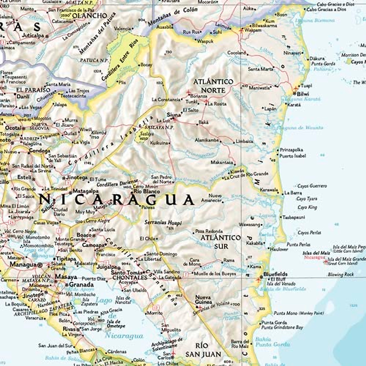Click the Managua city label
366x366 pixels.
pyautogui.click(x=23, y=265)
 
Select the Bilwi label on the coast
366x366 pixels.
pyautogui.click(x=303, y=94)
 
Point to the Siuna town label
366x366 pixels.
pyautogui.click(x=174, y=115)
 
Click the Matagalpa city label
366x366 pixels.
pyautogui.click(x=85, y=191)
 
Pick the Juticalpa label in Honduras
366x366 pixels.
pyautogui.click(x=34, y=35)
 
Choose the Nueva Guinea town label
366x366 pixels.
pyautogui.click(x=203, y=300)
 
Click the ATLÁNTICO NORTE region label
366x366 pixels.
pyautogui.click(x=213, y=86)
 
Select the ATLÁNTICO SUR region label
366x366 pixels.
pyautogui.click(x=221, y=242)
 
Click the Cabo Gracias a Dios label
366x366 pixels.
pyautogui.click(x=327, y=9)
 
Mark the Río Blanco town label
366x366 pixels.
pyautogui.click(x=147, y=192)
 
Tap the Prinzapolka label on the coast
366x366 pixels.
pyautogui.click(x=291, y=150)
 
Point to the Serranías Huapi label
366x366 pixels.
pyautogui.click(x=163, y=222)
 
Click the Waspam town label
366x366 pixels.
pyautogui.click(x=253, y=30)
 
